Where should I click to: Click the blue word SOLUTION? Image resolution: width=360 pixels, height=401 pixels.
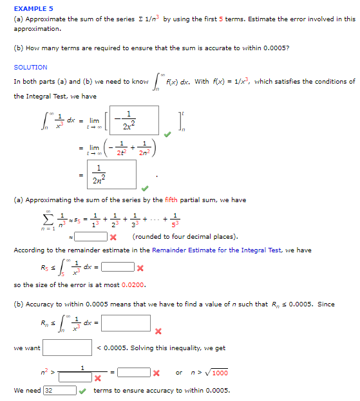tap(30, 67)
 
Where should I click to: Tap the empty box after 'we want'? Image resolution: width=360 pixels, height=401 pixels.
tap(67, 348)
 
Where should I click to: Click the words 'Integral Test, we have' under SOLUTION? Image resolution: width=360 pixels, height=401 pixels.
tap(55, 96)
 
